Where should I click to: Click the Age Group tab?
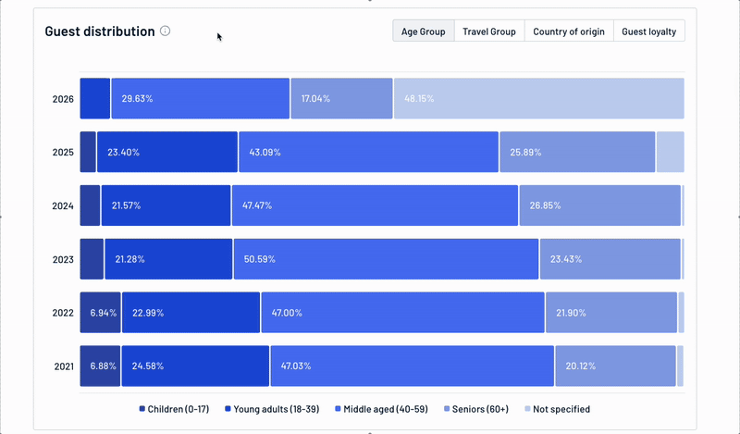423,31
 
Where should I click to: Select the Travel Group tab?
488,31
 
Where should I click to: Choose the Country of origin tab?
568,31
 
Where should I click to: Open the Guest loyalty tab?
648,31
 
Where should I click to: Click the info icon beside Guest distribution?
166,31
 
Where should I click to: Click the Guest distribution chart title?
100,31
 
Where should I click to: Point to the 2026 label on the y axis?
63,99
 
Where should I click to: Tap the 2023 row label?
63,260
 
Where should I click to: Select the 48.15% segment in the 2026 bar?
538,99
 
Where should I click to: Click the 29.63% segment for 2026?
201,99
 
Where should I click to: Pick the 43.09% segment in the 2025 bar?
368,153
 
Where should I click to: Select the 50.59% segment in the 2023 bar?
386,260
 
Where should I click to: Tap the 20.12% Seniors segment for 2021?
615,366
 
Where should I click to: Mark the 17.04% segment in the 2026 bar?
341,99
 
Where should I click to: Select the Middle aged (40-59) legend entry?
384,409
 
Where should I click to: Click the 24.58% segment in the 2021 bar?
195,366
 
